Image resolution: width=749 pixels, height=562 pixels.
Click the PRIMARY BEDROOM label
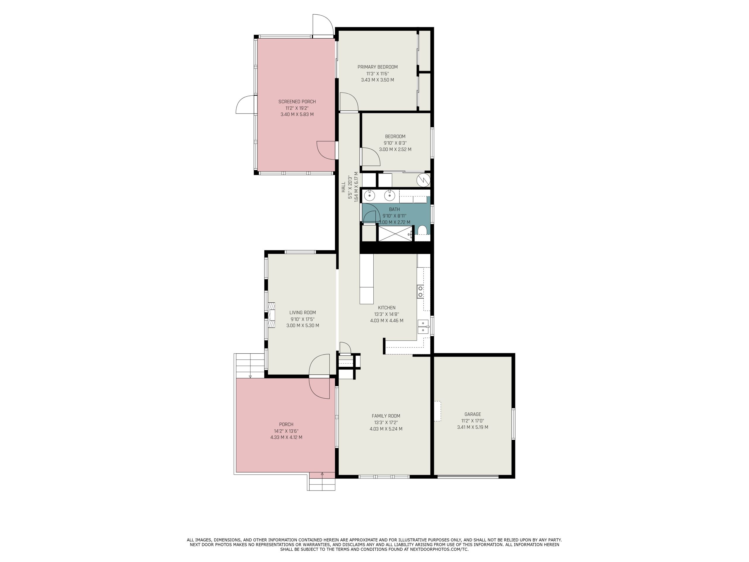click(x=377, y=67)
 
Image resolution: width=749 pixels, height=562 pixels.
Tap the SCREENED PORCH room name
click(x=297, y=102)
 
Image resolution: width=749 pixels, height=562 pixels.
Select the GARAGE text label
click(x=473, y=414)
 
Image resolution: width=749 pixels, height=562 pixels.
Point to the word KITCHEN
click(x=387, y=308)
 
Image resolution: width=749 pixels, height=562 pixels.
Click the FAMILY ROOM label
click(x=386, y=416)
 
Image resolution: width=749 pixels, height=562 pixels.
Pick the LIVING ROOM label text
click(x=303, y=313)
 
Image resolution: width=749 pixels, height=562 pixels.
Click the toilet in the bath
click(x=422, y=230)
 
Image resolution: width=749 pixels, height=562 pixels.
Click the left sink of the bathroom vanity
click(x=370, y=196)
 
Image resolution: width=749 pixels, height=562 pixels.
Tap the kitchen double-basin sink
click(x=423, y=327)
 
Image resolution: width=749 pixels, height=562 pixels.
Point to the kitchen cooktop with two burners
click(x=420, y=292)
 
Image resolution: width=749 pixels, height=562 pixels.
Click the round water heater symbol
click(x=423, y=180)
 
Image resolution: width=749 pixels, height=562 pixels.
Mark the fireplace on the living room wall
click(x=272, y=315)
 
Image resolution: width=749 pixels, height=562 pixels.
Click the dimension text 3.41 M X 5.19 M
click(x=473, y=427)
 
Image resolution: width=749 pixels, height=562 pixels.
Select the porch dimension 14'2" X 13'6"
click(x=286, y=431)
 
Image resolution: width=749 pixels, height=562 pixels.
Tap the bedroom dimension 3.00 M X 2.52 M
click(x=395, y=149)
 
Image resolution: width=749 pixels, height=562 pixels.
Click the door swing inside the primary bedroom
click(x=349, y=102)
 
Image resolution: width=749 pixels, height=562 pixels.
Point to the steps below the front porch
click(x=322, y=482)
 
